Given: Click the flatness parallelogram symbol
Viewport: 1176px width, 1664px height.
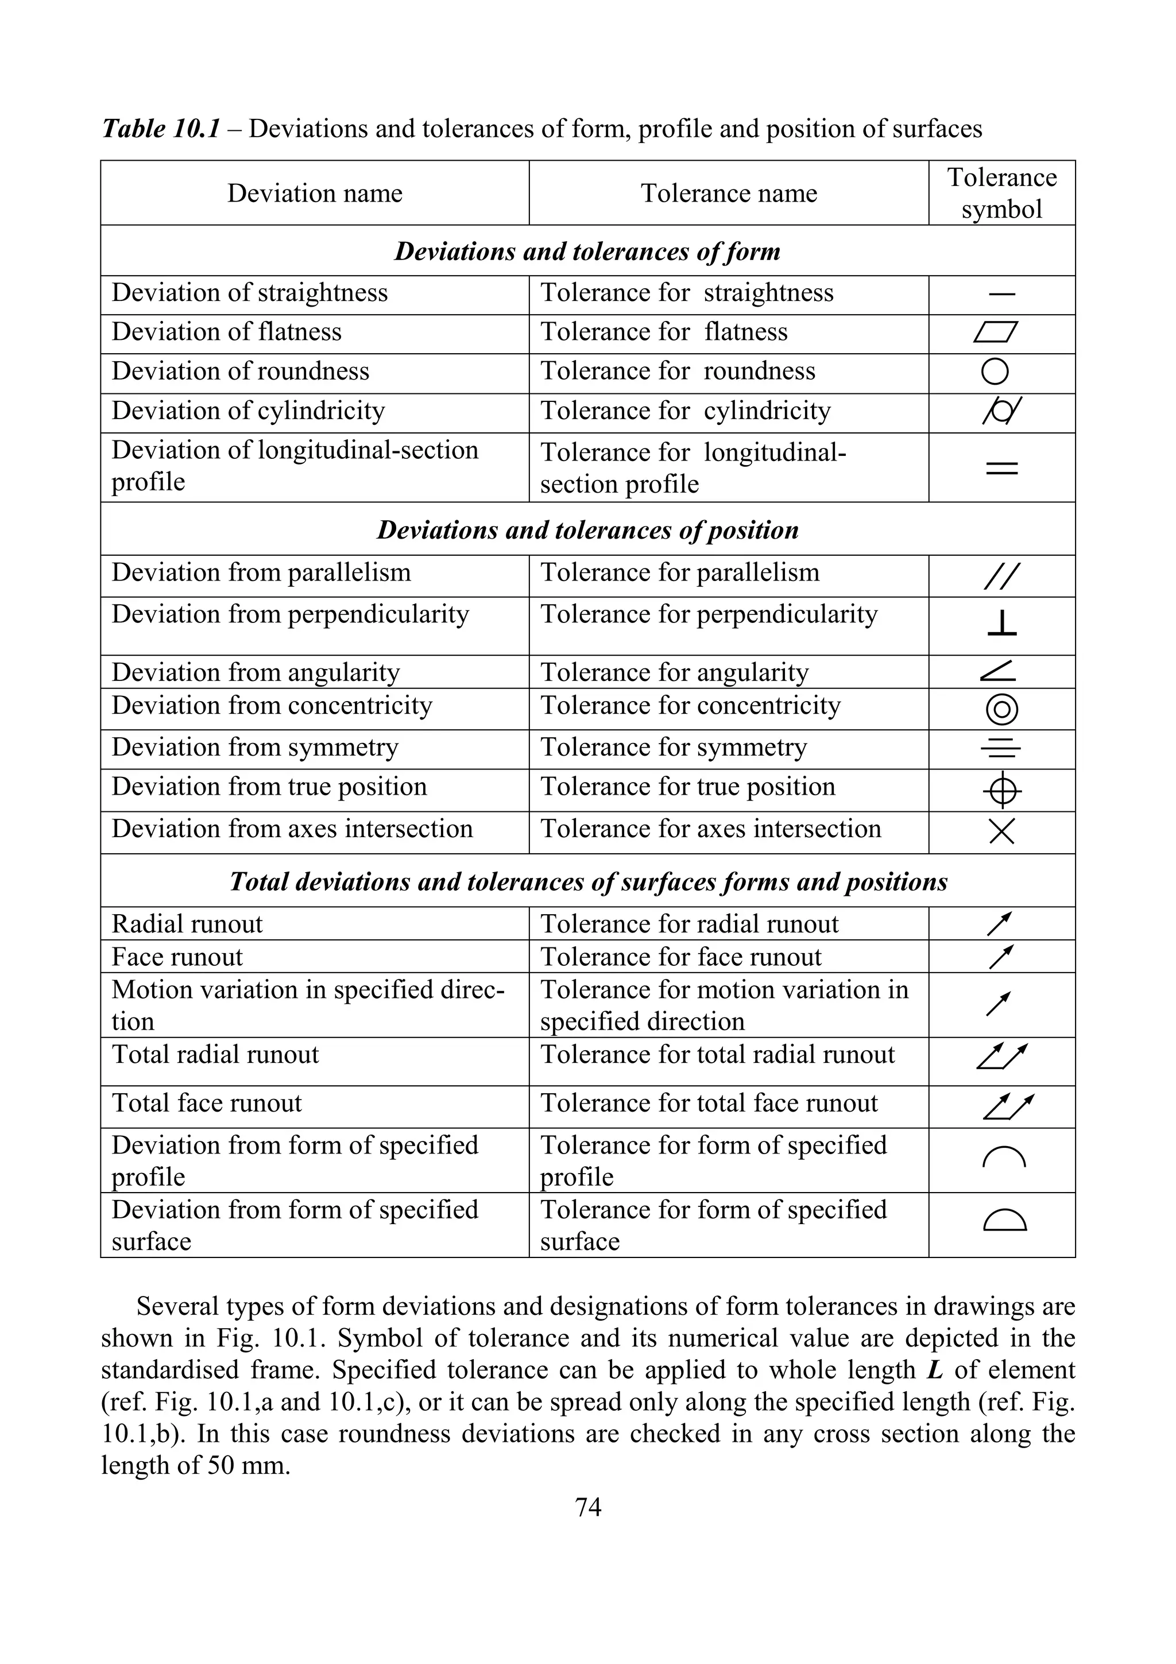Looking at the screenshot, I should (x=996, y=332).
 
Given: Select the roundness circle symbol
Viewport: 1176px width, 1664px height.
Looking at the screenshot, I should (x=995, y=372).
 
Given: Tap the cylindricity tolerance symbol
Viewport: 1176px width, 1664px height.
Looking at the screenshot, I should (x=1001, y=412).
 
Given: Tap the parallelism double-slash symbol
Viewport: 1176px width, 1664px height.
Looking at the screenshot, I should (x=1002, y=576).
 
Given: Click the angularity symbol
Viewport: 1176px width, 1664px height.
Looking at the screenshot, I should (x=998, y=672).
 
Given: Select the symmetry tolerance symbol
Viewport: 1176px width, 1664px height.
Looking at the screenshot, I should (x=1001, y=749).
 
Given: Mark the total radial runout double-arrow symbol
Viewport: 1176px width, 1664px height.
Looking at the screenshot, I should (x=1002, y=1056).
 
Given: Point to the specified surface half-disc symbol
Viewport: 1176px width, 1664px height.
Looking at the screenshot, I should (x=1004, y=1222).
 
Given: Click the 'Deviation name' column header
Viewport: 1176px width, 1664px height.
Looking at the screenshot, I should (x=315, y=194).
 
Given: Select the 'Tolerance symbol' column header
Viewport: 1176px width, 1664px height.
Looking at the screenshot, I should (x=1001, y=194).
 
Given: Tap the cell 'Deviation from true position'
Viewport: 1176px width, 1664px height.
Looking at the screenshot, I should (x=269, y=787).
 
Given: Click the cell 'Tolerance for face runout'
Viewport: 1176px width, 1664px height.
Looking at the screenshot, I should (x=680, y=957).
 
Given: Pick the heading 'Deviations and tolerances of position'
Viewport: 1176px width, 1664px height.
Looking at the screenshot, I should (x=587, y=530).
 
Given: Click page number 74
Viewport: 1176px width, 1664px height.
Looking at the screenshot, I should (x=587, y=1507).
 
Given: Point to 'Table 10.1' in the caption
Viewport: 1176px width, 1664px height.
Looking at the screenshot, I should (x=160, y=129).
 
